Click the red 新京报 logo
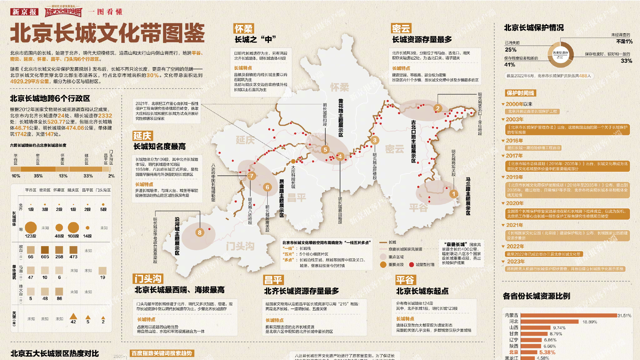click(24, 12)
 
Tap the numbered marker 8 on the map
click(200, 233)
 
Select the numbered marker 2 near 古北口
click(438, 108)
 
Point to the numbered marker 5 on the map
click(325, 149)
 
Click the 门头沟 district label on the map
click(240, 246)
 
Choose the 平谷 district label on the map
click(418, 208)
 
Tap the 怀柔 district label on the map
click(340, 87)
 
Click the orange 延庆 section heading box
click(142, 136)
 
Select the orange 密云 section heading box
click(401, 29)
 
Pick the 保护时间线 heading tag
click(520, 93)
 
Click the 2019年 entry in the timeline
click(514, 177)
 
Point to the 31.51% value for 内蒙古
click(624, 316)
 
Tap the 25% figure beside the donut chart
click(511, 50)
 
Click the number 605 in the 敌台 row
click(45, 257)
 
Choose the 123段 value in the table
click(31, 236)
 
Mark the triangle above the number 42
click(73, 316)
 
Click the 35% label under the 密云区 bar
click(38, 176)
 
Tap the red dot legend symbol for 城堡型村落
click(411, 265)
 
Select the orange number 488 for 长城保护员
click(583, 76)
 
